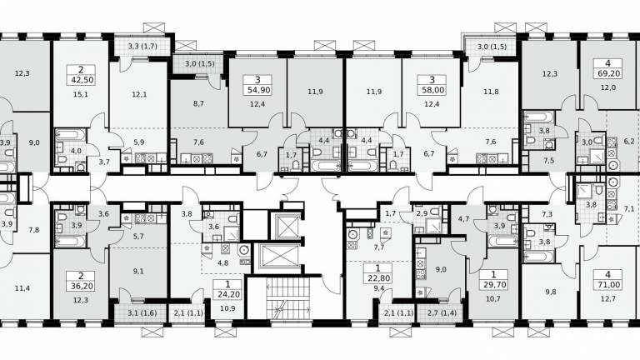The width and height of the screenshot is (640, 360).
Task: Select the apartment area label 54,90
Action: pyautogui.click(x=257, y=90)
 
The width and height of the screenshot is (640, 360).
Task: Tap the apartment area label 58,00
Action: pyautogui.click(x=432, y=90)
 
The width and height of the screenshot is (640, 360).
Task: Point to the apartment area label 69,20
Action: pyautogui.click(x=608, y=74)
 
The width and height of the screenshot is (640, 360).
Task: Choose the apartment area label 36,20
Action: pyautogui.click(x=82, y=286)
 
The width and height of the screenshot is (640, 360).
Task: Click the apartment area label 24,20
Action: pyautogui.click(x=227, y=294)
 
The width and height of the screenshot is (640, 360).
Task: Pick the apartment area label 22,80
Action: pyautogui.click(x=378, y=278)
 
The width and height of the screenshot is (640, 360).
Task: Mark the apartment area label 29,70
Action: pyautogui.click(x=493, y=284)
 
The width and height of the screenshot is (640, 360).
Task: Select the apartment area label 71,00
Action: pyautogui.click(x=608, y=284)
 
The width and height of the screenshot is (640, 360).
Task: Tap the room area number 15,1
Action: pyautogui.click(x=81, y=95)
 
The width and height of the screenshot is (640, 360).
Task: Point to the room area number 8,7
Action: pyautogui.click(x=198, y=103)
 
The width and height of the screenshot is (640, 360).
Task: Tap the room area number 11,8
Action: pyautogui.click(x=491, y=92)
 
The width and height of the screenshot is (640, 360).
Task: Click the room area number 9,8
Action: pyautogui.click(x=551, y=292)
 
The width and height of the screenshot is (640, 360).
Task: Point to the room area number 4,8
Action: pyautogui.click(x=222, y=262)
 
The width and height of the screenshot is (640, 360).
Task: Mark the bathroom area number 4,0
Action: pyautogui.click(x=76, y=151)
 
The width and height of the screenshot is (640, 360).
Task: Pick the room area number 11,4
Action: pyautogui.click(x=22, y=288)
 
